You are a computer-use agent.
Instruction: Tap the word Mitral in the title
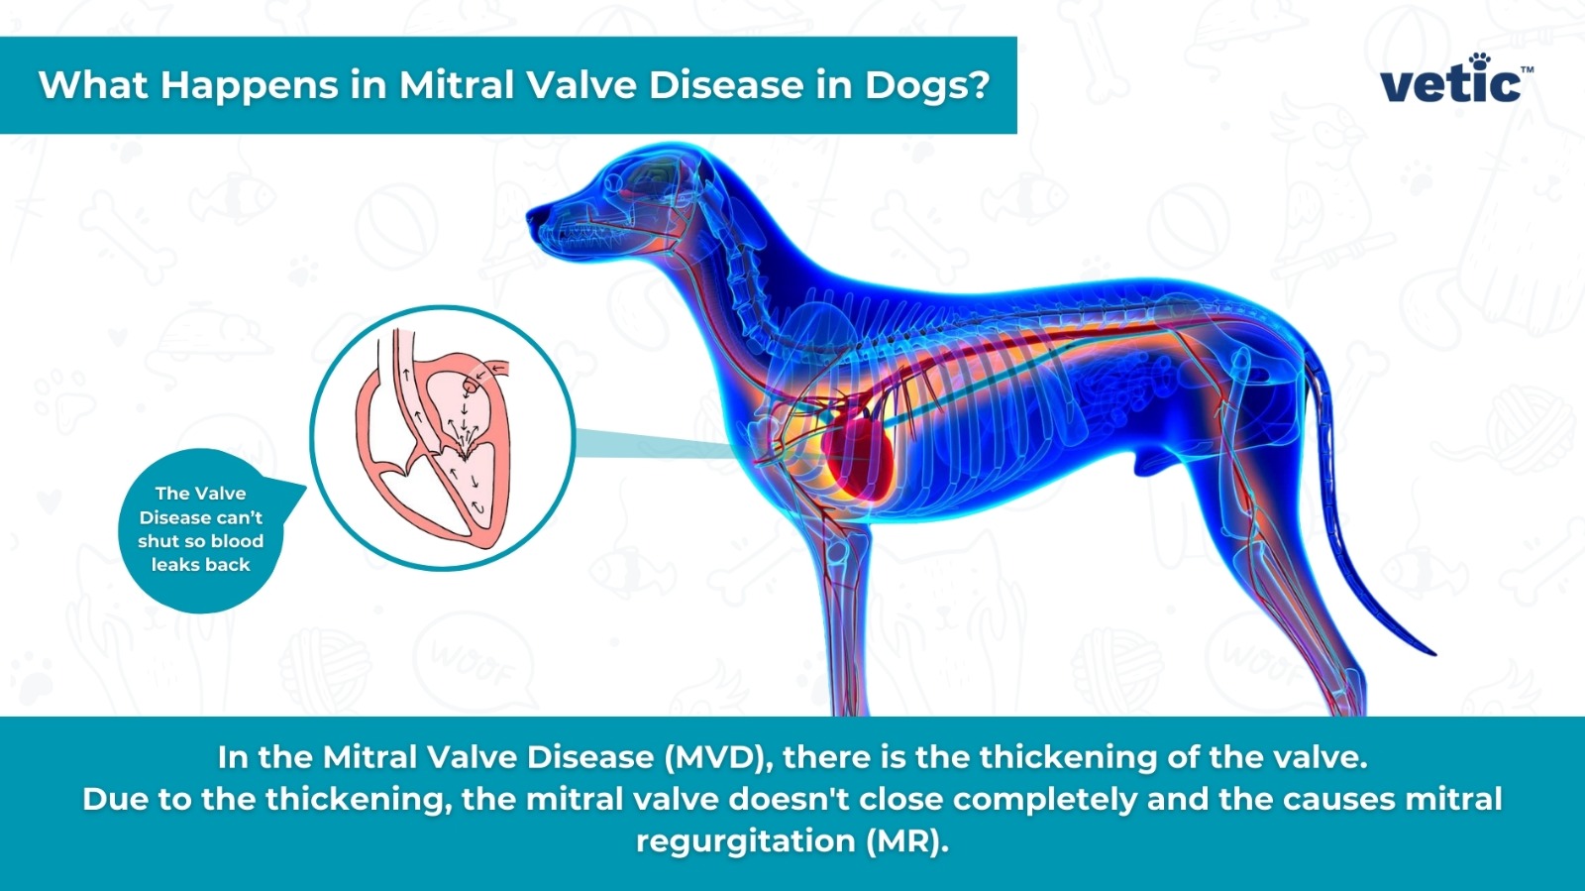457,85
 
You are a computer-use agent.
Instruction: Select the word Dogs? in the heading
927,85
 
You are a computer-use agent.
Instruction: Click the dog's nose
533,216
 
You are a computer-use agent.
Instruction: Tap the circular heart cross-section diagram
442,437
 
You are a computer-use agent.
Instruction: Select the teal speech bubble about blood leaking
203,529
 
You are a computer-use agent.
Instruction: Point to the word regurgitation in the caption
745,841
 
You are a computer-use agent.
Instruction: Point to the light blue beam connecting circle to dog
654,444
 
